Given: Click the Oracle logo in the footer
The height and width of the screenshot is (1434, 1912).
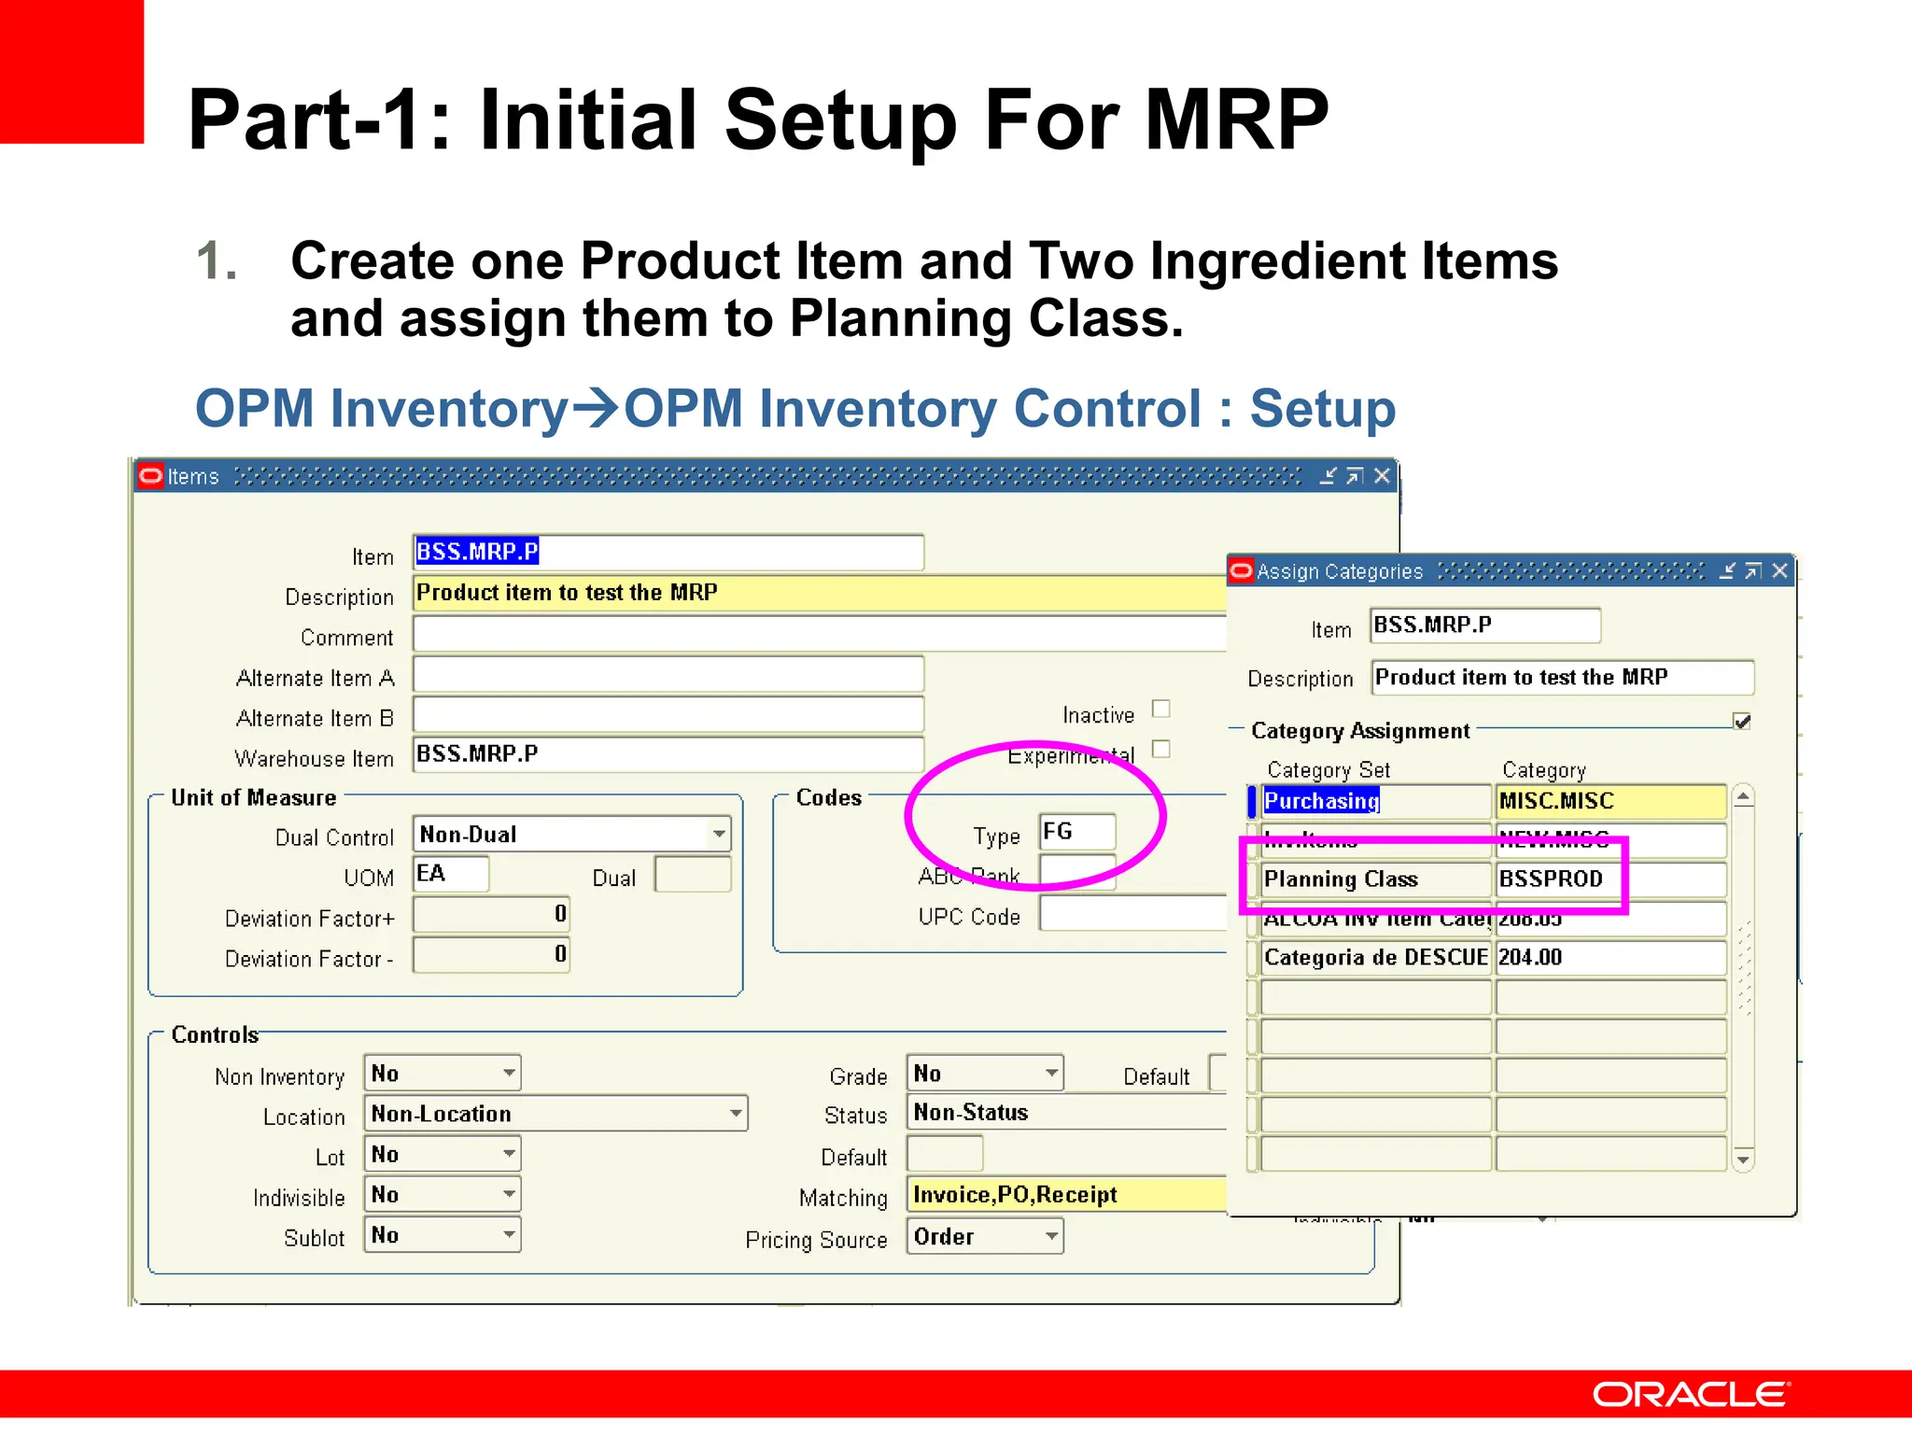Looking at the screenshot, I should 1691,1394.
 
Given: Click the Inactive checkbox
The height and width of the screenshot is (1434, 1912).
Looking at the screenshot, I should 1160,710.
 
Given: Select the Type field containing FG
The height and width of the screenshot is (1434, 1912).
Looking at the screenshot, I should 1076,832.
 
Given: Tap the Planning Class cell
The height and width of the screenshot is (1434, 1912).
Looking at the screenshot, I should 1374,879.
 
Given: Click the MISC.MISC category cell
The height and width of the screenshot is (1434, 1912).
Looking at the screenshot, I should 1610,801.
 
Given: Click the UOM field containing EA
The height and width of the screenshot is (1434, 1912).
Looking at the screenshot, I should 450,875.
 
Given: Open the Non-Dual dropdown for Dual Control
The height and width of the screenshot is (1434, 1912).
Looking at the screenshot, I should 718,834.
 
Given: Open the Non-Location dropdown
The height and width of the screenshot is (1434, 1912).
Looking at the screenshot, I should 736,1114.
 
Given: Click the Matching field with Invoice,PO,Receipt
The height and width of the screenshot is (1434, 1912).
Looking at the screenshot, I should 1064,1195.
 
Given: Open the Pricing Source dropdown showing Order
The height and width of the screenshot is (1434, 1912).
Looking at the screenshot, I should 1050,1237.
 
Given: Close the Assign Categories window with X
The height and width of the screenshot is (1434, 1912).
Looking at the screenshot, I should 1779,570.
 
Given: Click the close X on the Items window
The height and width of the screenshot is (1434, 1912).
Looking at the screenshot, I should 1383,476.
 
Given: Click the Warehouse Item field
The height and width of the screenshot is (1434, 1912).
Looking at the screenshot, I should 668,754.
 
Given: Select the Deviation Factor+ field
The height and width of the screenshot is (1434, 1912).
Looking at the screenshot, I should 491,915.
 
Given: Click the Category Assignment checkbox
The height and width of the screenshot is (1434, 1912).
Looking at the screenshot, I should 1741,722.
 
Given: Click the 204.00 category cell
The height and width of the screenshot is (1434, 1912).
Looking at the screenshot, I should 1610,958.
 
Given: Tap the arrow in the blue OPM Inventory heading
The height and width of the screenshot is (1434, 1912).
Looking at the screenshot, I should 596,407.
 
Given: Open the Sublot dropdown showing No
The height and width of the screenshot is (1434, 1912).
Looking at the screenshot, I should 509,1235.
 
